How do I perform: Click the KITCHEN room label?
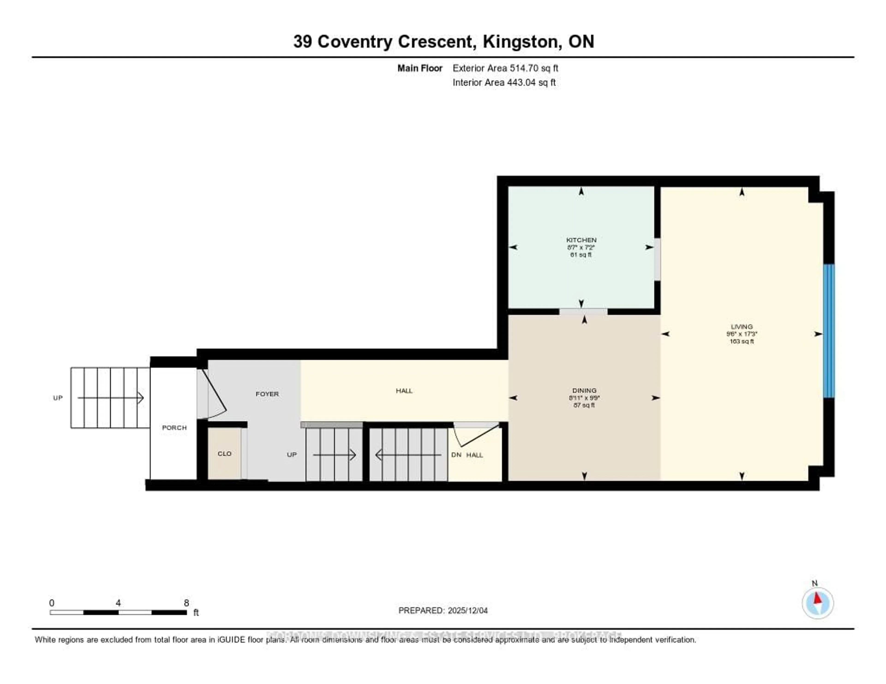point(581,240)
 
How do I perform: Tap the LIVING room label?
point(742,326)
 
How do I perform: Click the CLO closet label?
point(224,454)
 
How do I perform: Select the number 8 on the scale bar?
point(186,603)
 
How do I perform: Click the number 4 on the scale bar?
point(118,603)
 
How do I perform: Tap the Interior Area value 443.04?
point(521,83)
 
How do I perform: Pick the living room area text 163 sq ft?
point(742,341)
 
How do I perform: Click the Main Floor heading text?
point(419,68)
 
